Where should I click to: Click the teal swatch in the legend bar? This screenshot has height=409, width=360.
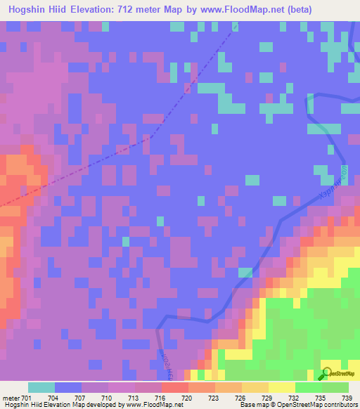point(41,387)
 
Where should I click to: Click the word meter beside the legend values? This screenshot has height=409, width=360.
point(12,397)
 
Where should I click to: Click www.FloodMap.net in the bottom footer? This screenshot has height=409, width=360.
point(150,405)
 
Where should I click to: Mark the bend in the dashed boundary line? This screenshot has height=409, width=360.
point(148,138)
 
